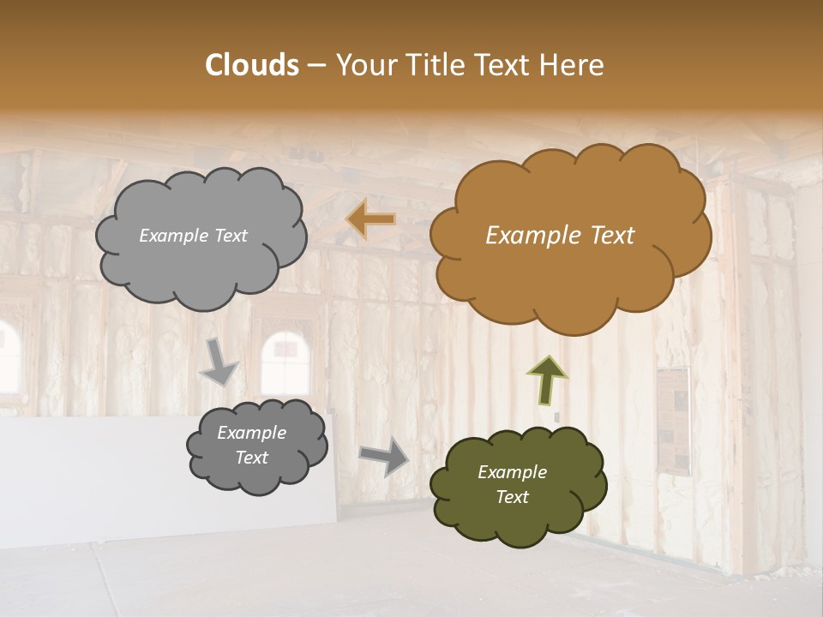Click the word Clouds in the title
252,65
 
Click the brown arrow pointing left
370,219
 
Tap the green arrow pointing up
547,379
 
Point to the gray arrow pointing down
219,360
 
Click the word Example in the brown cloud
526,236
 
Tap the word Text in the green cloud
512,497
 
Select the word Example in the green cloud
512,472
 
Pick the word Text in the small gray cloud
251,458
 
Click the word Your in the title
362,65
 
